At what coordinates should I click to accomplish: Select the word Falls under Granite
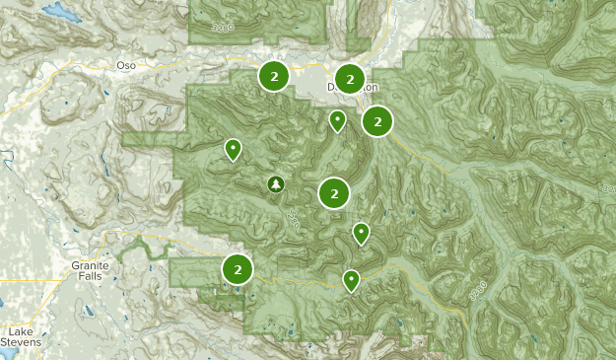(x=90, y=278)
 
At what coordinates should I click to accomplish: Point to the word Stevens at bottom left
(x=23, y=344)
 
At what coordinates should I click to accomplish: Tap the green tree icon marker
(x=276, y=183)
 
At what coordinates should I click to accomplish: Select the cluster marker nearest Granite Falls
(x=238, y=268)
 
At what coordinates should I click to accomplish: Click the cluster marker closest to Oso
(x=274, y=75)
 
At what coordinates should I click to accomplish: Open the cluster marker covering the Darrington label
(x=349, y=79)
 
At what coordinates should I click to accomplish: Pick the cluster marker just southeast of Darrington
(x=377, y=121)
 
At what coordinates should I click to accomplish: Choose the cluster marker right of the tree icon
(x=335, y=193)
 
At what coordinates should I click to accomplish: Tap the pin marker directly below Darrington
(x=337, y=120)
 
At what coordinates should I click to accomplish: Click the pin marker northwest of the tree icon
(x=233, y=149)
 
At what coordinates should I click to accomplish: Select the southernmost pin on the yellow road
(x=351, y=280)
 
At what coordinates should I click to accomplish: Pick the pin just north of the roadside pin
(x=361, y=233)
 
